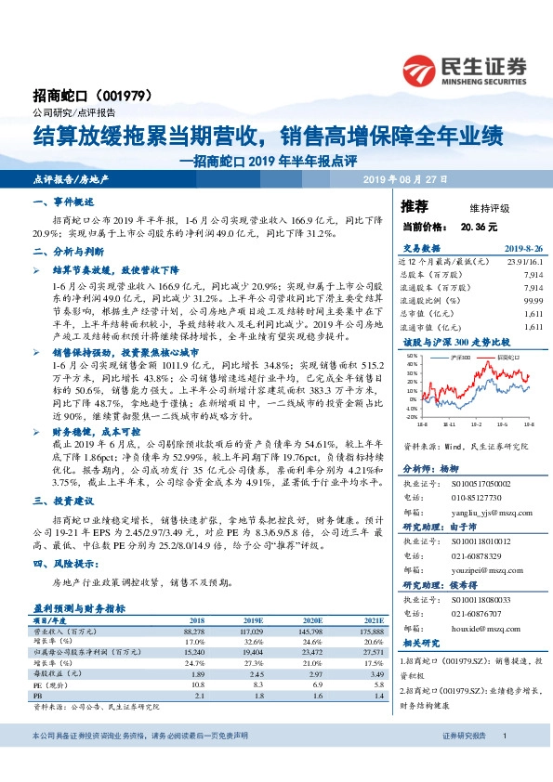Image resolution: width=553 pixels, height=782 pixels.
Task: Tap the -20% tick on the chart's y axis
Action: (410, 416)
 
